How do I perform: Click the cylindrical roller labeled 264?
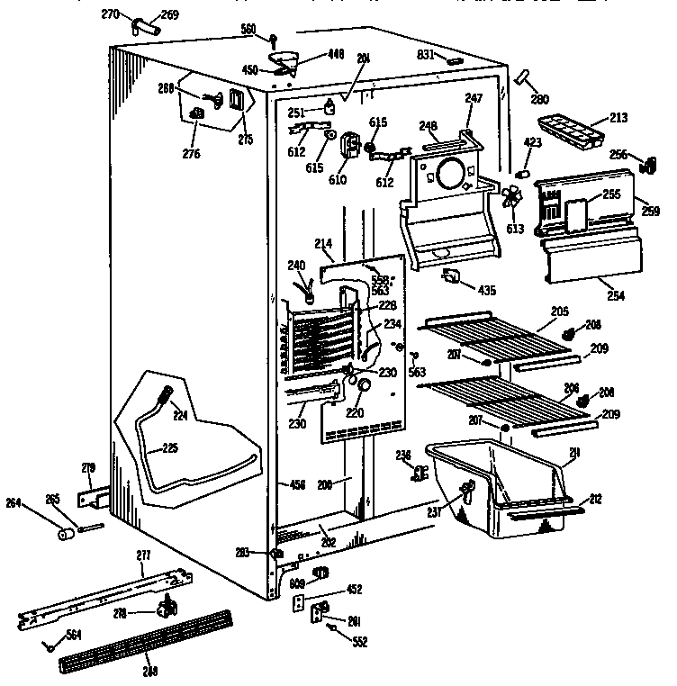click(65, 535)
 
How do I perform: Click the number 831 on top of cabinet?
click(427, 55)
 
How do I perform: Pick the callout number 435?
click(487, 290)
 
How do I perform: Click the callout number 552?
click(360, 641)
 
